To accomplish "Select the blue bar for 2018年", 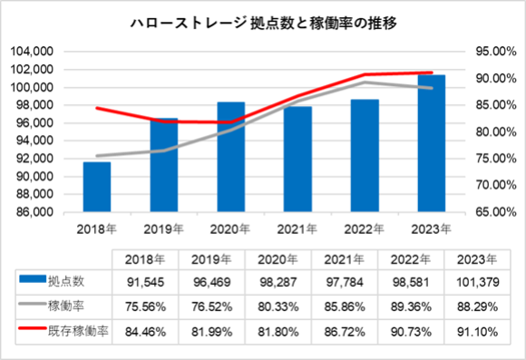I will pos(96,187).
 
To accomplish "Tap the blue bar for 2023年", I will pos(431,143).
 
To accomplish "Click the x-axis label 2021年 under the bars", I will pos(297,229).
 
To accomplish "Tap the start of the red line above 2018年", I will pos(96,108).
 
